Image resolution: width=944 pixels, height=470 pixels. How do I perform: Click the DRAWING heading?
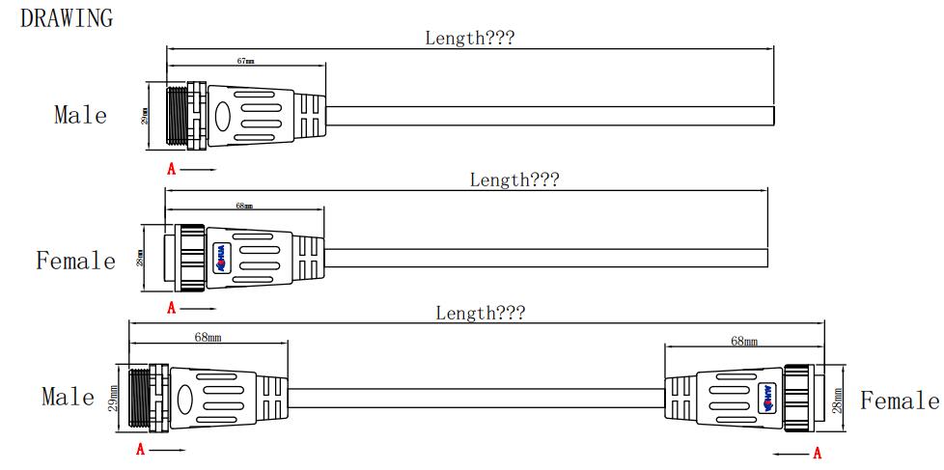67,18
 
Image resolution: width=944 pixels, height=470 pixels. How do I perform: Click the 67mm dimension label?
245,61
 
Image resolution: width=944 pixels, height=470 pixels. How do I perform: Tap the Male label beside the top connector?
80,115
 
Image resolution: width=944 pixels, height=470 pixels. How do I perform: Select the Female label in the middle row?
75,261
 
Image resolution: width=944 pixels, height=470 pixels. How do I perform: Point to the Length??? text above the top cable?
469,38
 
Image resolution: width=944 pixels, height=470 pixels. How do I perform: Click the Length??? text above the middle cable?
514,180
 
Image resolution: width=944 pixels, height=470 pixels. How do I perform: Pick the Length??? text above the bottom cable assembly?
480,313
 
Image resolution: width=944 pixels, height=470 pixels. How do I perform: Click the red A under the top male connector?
172,169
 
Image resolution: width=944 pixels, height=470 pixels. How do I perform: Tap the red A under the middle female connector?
172,308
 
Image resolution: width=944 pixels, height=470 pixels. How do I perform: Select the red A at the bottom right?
818,452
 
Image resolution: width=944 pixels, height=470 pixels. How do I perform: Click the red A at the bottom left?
141,450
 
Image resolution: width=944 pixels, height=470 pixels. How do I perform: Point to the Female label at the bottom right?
899,401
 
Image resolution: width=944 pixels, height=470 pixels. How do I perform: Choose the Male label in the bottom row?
68,397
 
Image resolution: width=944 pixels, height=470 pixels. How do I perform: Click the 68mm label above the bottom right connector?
744,341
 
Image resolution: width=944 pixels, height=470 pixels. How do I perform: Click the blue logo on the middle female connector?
221,258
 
